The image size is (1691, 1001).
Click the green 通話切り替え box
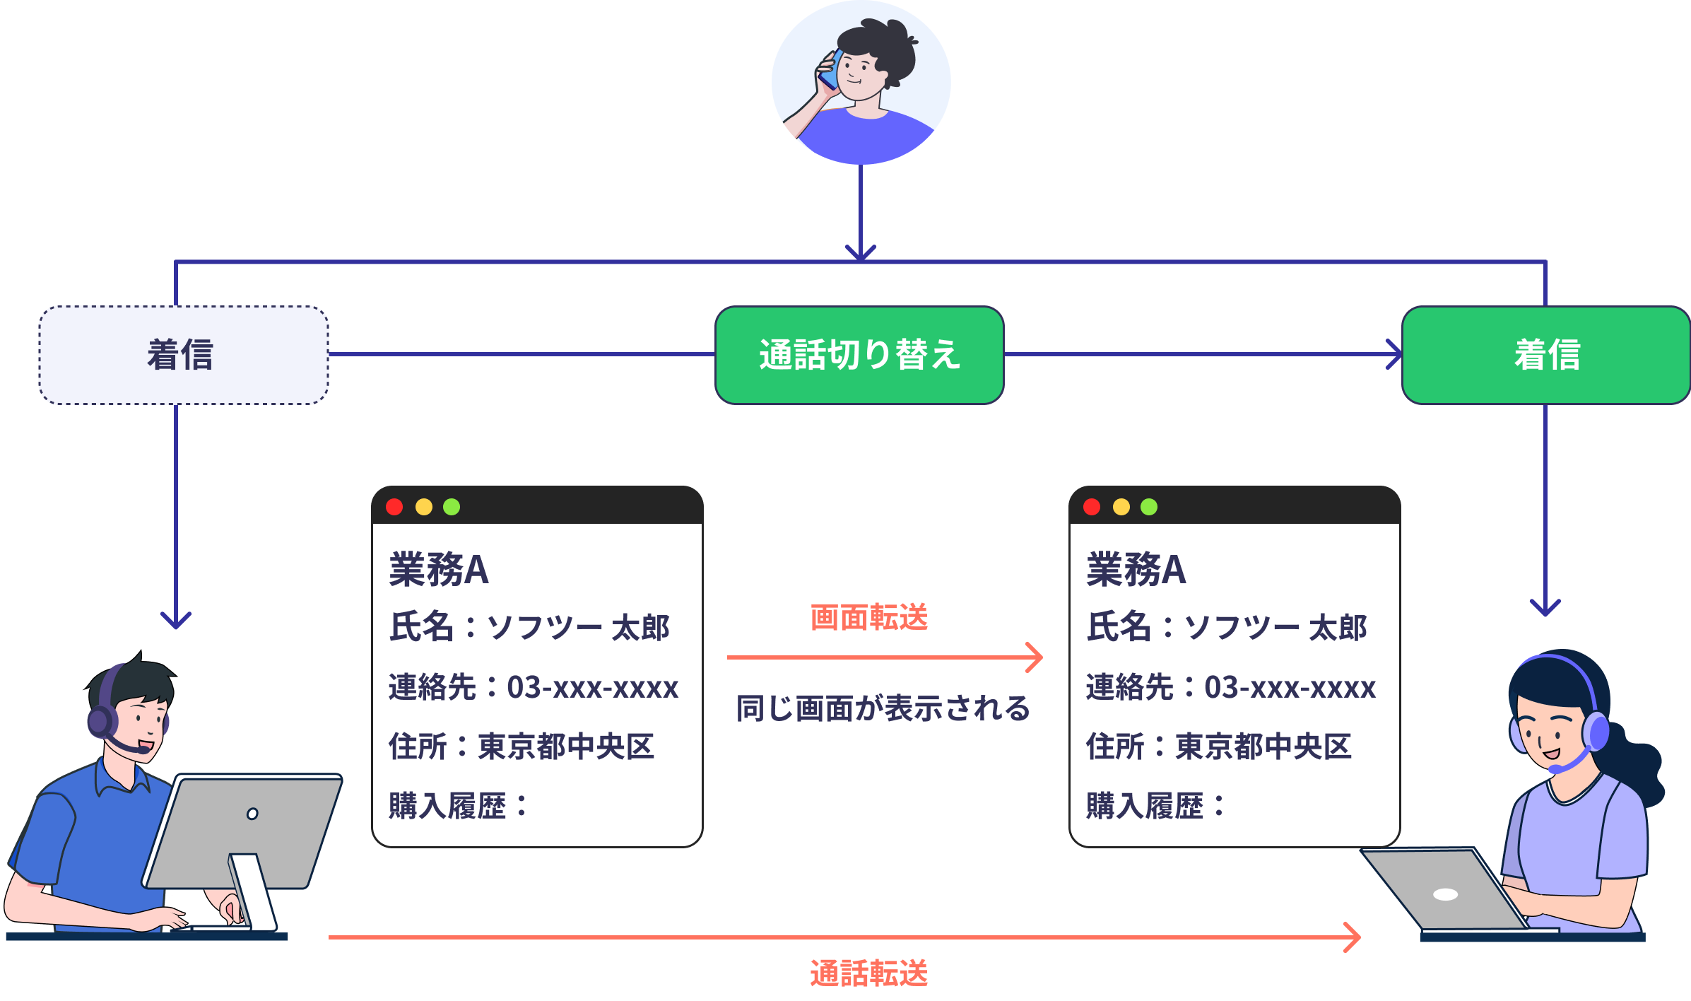point(859,355)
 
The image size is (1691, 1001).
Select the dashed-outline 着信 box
point(183,355)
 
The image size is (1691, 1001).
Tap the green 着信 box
point(1545,355)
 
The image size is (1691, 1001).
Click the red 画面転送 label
point(868,617)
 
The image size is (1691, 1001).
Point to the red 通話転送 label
point(868,973)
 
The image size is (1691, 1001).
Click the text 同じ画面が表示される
point(883,708)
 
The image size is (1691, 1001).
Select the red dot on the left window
point(394,507)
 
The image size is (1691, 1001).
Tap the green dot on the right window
point(1149,507)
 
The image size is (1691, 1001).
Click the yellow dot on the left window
point(424,507)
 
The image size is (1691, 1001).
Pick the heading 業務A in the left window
point(439,570)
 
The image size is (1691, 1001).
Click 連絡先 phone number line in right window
point(1230,687)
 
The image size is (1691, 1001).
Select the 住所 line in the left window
point(521,747)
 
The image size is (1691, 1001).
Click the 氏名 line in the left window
point(529,628)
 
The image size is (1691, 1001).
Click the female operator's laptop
point(1442,891)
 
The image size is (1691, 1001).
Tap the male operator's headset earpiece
point(101,721)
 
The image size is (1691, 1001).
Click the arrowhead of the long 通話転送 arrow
point(1353,937)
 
